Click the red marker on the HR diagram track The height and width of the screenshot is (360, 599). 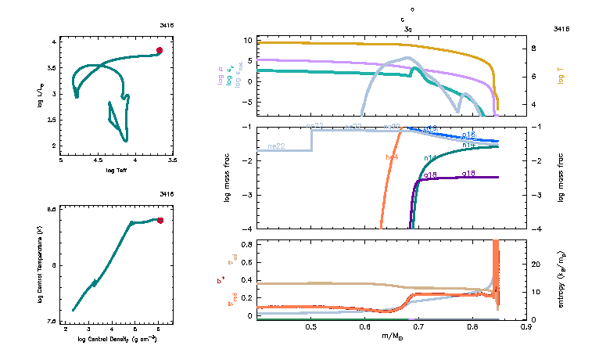(x=160, y=50)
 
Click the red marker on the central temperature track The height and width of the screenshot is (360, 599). (x=160, y=221)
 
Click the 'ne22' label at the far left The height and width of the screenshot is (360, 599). (x=275, y=146)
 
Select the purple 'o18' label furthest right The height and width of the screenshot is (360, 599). (x=469, y=173)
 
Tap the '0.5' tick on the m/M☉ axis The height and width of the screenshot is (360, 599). (x=311, y=327)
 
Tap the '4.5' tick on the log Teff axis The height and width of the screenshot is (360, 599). (x=98, y=160)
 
